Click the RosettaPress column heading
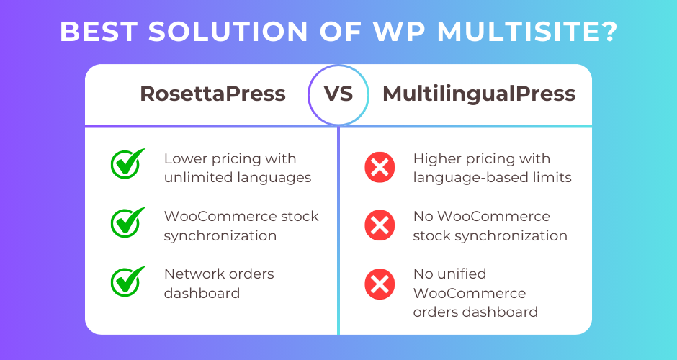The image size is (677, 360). coord(212,94)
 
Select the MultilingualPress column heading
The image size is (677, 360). coord(479,94)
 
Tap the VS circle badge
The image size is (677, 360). coord(338,95)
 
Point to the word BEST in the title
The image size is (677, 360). coord(99,32)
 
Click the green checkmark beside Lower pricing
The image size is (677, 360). coord(127,163)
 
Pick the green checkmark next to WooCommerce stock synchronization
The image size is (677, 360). coord(127,222)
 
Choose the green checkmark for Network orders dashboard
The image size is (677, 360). coord(127,282)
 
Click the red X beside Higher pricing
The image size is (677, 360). coord(380,167)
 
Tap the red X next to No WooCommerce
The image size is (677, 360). coord(380,225)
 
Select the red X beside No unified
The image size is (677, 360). coord(380,284)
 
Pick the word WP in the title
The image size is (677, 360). coord(400,32)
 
